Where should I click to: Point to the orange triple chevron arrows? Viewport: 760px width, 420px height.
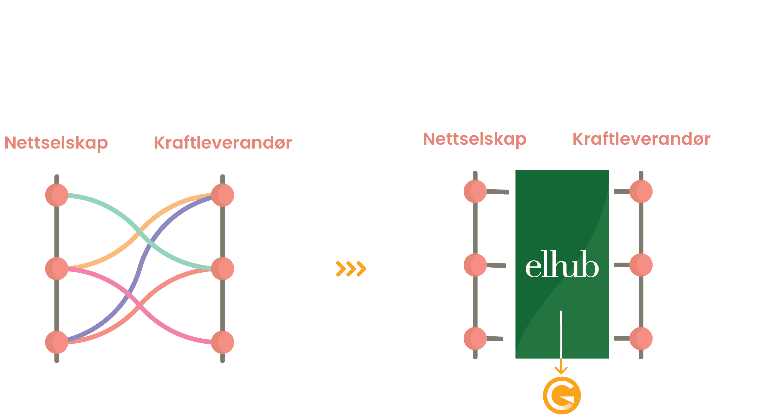tap(351, 269)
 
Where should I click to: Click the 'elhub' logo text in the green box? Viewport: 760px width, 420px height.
tap(562, 264)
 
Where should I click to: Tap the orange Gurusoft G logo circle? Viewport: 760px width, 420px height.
tap(562, 395)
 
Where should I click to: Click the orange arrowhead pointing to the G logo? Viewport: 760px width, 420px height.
tap(561, 370)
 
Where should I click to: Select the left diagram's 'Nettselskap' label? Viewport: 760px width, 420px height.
tap(56, 143)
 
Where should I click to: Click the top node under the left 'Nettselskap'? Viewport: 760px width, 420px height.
tap(57, 195)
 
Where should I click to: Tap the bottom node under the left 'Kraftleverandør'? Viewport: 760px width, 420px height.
tap(223, 342)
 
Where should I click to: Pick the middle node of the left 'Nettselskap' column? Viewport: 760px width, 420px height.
tap(57, 269)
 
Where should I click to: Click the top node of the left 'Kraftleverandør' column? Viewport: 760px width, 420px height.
tap(223, 195)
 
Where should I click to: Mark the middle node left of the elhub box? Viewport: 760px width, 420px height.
tap(475, 265)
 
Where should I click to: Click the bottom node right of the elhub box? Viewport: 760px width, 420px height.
tap(641, 338)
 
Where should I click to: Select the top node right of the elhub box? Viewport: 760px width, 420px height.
tap(641, 192)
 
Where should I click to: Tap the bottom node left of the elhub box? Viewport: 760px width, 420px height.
tap(475, 338)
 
